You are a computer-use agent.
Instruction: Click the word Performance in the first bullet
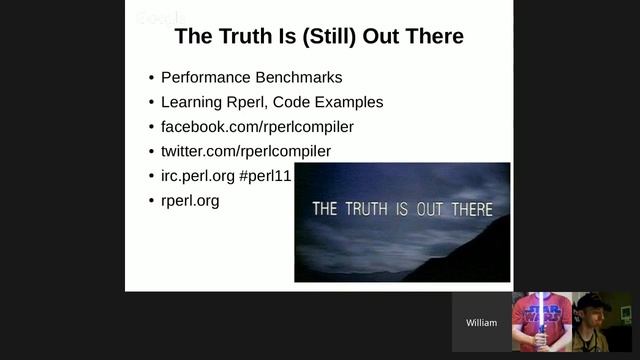point(204,77)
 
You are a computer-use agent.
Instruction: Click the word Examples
point(349,102)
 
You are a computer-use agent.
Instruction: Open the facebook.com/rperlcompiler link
point(257,127)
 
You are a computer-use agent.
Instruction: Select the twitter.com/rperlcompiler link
point(245,151)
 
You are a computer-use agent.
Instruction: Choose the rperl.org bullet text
point(190,200)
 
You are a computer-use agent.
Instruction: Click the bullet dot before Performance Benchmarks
point(151,78)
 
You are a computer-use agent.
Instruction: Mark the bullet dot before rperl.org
point(151,201)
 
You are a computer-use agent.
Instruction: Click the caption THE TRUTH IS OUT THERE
point(402,209)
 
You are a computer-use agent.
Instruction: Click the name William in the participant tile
point(481,323)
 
